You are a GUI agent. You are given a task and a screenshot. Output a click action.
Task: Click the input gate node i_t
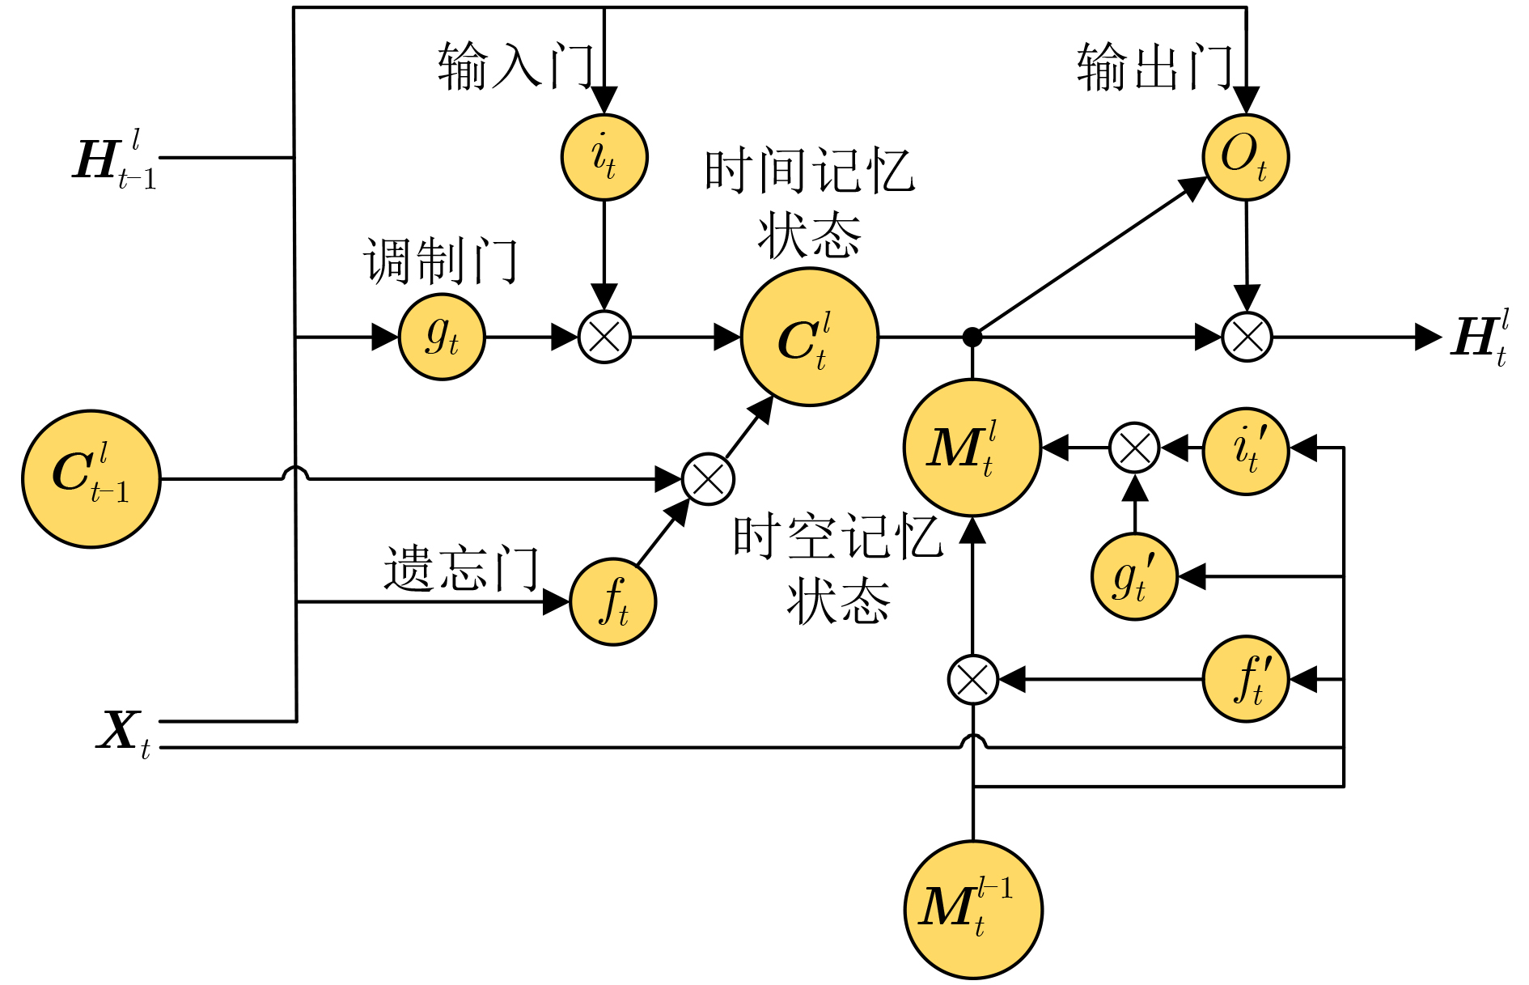tap(604, 157)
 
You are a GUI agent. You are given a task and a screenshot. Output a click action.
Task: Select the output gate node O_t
tap(1245, 157)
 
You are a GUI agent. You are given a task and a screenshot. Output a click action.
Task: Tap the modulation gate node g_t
tap(442, 337)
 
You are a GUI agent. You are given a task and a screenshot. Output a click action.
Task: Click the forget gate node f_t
tap(613, 602)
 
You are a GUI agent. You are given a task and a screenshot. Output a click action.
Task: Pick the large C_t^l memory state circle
tap(810, 337)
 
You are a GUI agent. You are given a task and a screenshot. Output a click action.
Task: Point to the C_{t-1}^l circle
tap(91, 479)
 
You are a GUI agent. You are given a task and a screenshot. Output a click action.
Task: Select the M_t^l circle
tap(972, 448)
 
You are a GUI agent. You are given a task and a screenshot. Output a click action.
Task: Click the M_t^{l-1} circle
tap(973, 910)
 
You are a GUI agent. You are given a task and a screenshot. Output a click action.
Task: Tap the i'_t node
tap(1246, 451)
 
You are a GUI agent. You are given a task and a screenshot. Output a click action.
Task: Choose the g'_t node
tap(1134, 576)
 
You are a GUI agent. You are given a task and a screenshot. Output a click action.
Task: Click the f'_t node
tap(1246, 679)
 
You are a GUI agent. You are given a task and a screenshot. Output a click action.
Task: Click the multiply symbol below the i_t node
tap(604, 337)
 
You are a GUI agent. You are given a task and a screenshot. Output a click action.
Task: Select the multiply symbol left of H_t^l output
tap(1247, 337)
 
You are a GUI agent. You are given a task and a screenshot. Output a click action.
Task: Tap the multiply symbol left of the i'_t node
tap(1134, 448)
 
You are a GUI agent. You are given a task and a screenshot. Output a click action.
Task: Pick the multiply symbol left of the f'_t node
tap(973, 680)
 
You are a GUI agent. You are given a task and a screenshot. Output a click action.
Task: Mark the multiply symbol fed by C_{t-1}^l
tap(708, 479)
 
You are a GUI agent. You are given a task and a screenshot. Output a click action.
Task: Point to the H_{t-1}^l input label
tap(115, 160)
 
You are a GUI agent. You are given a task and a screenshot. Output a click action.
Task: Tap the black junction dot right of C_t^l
tap(972, 337)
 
